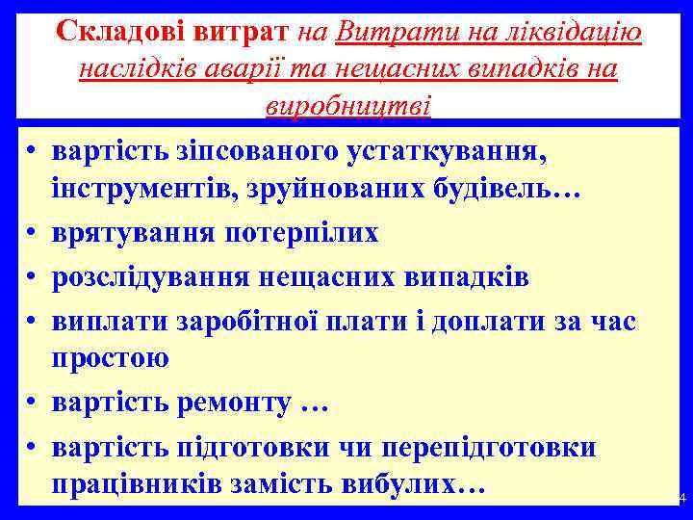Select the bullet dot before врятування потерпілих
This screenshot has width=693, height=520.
click(x=32, y=233)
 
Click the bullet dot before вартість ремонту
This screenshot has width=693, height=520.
click(x=32, y=403)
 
